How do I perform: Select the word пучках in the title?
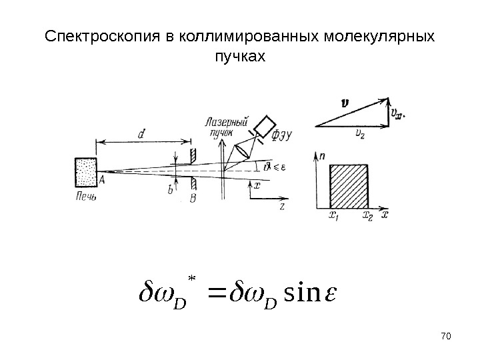pyautogui.click(x=239, y=57)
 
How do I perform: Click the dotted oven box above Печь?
pyautogui.click(x=86, y=174)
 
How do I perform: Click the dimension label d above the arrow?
pyautogui.click(x=142, y=134)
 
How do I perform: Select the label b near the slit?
pyautogui.click(x=170, y=191)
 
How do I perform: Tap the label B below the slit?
pyautogui.click(x=193, y=198)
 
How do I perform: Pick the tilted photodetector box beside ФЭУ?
pyautogui.click(x=266, y=126)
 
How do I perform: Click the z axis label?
pyautogui.click(x=283, y=207)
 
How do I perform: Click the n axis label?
pyautogui.click(x=322, y=156)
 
